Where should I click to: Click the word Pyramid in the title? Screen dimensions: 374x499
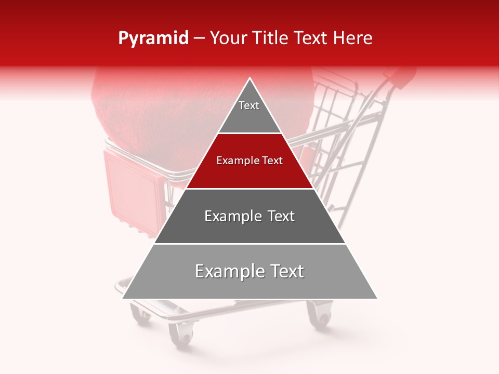click(153, 38)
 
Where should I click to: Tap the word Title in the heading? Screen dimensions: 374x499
click(272, 38)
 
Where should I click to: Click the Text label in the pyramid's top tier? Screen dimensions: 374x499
click(249, 105)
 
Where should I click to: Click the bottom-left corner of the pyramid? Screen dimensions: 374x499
click(123, 299)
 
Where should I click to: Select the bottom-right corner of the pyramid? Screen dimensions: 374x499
click(377, 299)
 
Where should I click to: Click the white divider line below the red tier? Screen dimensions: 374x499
click(250, 189)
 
